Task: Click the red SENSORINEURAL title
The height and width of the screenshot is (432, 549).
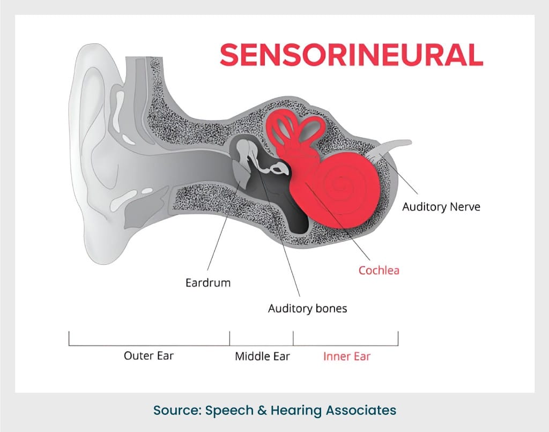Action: point(351,55)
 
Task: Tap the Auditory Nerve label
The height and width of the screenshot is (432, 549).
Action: point(441,206)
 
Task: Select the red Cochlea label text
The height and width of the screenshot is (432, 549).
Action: point(379,270)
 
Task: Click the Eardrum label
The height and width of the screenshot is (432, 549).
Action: point(208,282)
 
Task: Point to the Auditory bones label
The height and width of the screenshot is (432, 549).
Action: point(307,309)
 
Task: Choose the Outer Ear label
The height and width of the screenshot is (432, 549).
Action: point(149,355)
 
